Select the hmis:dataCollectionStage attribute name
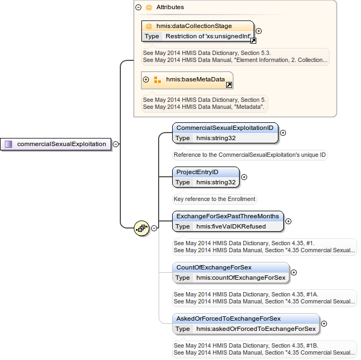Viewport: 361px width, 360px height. point(194,26)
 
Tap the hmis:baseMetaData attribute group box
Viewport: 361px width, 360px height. point(187,80)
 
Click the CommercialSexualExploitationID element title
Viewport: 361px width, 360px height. point(225,128)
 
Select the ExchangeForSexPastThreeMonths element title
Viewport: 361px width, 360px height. point(228,216)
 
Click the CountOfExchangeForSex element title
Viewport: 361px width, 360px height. point(214,267)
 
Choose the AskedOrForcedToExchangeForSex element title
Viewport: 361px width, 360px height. point(229,319)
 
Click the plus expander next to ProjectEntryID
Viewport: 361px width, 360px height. point(244,177)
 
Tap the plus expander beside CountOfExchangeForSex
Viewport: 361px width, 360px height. point(294,272)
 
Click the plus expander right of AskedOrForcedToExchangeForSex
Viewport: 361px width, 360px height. point(324,324)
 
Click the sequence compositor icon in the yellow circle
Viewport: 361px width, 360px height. point(141,228)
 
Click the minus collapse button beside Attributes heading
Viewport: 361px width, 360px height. point(139,8)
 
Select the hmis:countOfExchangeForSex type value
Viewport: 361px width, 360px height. point(241,278)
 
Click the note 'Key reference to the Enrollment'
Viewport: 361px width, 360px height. point(214,199)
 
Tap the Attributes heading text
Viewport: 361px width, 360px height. point(170,8)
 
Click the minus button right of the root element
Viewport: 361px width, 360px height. point(116,144)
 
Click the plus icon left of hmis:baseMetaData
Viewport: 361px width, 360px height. point(146,80)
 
